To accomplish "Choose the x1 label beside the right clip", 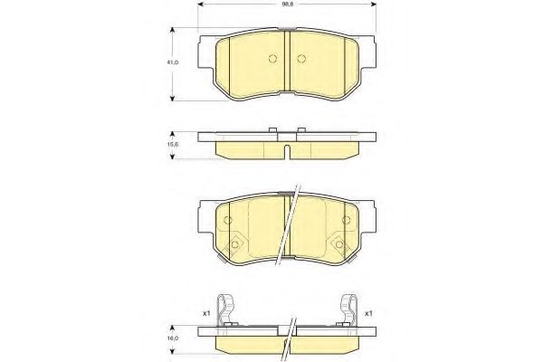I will click(x=368, y=313).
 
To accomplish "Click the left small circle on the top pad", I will click(x=272, y=60).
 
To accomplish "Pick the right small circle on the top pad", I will click(x=300, y=60).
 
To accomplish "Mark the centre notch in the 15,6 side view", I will click(x=286, y=150).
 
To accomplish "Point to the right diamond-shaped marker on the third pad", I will click(x=339, y=243).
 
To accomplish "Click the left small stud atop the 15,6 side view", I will click(x=272, y=132).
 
